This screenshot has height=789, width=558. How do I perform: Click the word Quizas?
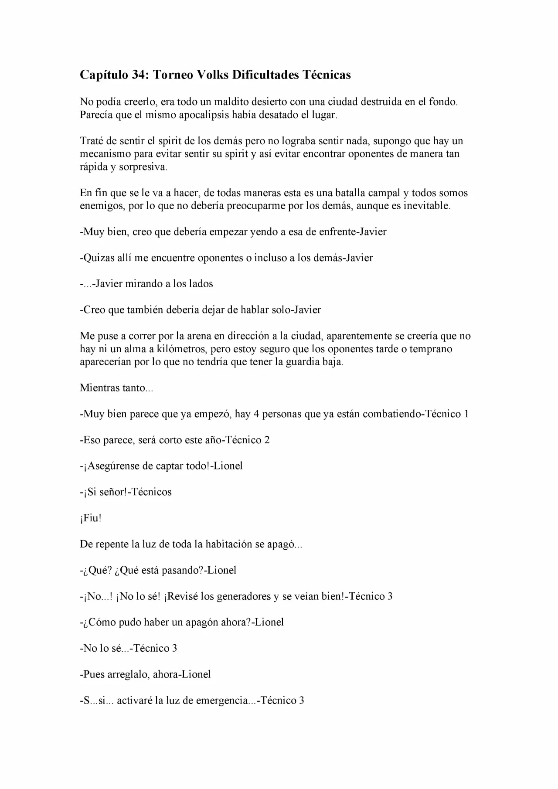(x=99, y=258)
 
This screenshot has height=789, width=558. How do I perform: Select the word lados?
(x=201, y=284)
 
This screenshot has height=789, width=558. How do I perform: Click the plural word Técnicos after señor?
(x=151, y=492)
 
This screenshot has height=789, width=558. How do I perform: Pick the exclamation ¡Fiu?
(x=91, y=518)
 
